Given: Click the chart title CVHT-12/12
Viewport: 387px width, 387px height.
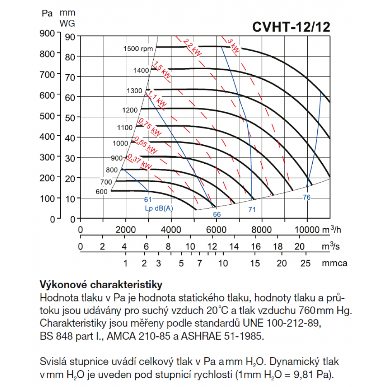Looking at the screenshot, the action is tap(291, 27).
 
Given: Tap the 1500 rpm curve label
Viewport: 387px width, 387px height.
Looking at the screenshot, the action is tap(138, 49).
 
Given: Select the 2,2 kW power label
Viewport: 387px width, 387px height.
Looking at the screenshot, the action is tap(192, 47).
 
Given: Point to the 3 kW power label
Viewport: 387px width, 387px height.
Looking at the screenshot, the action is tap(233, 45).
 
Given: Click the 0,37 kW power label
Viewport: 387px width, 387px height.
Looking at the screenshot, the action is tap(139, 162).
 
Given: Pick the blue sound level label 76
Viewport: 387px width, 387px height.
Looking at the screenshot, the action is tap(307, 197).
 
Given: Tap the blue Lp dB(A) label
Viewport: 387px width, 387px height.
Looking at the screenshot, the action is tap(159, 208).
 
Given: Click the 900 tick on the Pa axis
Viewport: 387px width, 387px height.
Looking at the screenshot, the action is tap(47, 33).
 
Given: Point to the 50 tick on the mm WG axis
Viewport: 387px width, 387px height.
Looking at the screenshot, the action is tap(70, 118).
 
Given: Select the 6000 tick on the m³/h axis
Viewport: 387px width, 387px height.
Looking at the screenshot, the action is tap(216, 230).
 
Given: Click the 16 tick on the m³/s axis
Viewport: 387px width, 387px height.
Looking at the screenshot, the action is tap(256, 246).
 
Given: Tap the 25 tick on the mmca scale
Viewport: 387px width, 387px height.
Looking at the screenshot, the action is tap(305, 263).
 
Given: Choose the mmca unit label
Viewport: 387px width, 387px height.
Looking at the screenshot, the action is tap(334, 263).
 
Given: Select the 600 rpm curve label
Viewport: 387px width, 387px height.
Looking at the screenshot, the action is tap(101, 192).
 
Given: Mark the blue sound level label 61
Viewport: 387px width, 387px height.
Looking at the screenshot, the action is tap(148, 199).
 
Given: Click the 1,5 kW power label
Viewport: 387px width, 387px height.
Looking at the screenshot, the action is tap(162, 70).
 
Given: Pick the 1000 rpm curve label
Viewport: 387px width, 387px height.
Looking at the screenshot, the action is tap(120, 143).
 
